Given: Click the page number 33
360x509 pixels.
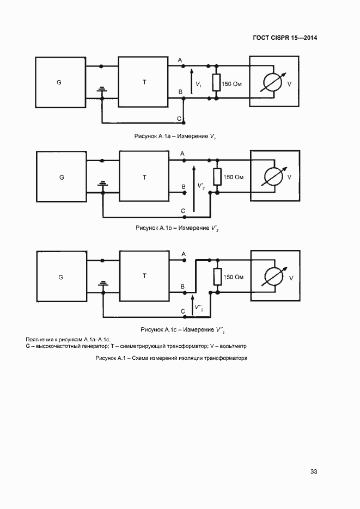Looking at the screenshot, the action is coord(314,471).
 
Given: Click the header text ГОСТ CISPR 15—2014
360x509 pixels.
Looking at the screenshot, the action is coord(285,38).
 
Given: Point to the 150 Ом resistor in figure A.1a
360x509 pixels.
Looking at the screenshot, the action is coord(217,82).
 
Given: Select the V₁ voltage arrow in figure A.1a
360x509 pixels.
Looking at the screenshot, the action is coord(192,81).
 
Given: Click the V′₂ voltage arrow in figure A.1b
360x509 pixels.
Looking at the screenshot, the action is coord(194,188).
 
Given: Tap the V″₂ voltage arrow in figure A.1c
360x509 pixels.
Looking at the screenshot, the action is coord(192,305).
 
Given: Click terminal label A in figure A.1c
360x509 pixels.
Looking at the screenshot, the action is coord(184,254).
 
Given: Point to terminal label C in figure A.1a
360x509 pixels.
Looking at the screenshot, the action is coord(179,119).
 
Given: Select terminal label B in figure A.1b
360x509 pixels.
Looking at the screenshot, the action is coord(184,187).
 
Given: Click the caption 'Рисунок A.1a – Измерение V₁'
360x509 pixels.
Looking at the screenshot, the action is coord(175,137).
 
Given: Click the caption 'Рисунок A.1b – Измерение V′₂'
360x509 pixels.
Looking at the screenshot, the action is coord(177,228).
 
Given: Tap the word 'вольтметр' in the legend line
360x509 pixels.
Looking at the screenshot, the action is coord(233,346).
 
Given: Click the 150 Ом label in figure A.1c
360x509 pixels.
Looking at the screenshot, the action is coord(233,277).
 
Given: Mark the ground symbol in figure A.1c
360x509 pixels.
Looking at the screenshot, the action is coord(103,284).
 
